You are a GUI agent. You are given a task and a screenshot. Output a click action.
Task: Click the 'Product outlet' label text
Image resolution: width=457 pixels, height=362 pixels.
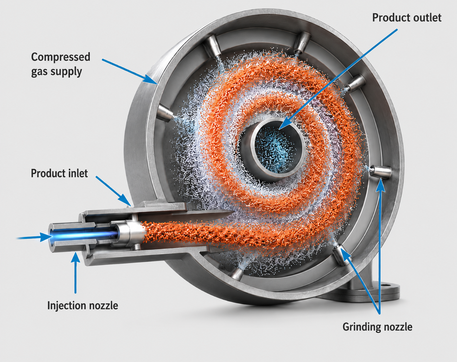pyautogui.click(x=407, y=18)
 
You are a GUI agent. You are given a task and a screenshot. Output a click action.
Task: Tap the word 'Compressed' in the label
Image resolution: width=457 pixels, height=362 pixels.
pyautogui.click(x=61, y=57)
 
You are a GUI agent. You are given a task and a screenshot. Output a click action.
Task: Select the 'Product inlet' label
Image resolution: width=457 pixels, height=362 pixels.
pyautogui.click(x=59, y=173)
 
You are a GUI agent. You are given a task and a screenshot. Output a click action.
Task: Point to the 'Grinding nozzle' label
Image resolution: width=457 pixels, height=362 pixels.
pyautogui.click(x=377, y=327)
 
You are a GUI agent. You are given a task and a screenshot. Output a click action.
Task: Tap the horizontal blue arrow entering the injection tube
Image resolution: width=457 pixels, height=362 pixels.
pyautogui.click(x=34, y=237)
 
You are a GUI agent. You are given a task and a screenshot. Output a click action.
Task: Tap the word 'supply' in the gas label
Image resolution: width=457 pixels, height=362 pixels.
pyautogui.click(x=67, y=72)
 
